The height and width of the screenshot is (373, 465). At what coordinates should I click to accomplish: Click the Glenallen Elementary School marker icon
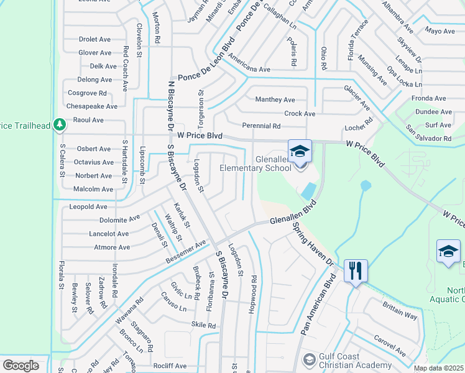coord(300,152)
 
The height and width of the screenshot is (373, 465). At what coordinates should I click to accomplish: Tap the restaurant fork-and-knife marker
coord(355,270)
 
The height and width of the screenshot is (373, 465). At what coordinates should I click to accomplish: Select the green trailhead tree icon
coord(60,124)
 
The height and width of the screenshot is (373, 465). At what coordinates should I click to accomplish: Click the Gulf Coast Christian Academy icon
coord(309,359)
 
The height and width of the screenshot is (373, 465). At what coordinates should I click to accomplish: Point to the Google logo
coord(21,366)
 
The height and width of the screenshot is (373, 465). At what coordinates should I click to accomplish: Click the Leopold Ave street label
coord(88,206)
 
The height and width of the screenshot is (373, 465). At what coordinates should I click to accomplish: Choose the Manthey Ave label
coord(275,99)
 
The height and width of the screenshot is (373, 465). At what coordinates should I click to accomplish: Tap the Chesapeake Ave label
coord(92,106)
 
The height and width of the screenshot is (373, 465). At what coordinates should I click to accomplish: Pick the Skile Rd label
coord(203,325)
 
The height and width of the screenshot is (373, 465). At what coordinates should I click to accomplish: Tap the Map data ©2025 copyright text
coord(438,368)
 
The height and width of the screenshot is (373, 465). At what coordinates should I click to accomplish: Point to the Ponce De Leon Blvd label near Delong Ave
coord(206,75)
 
